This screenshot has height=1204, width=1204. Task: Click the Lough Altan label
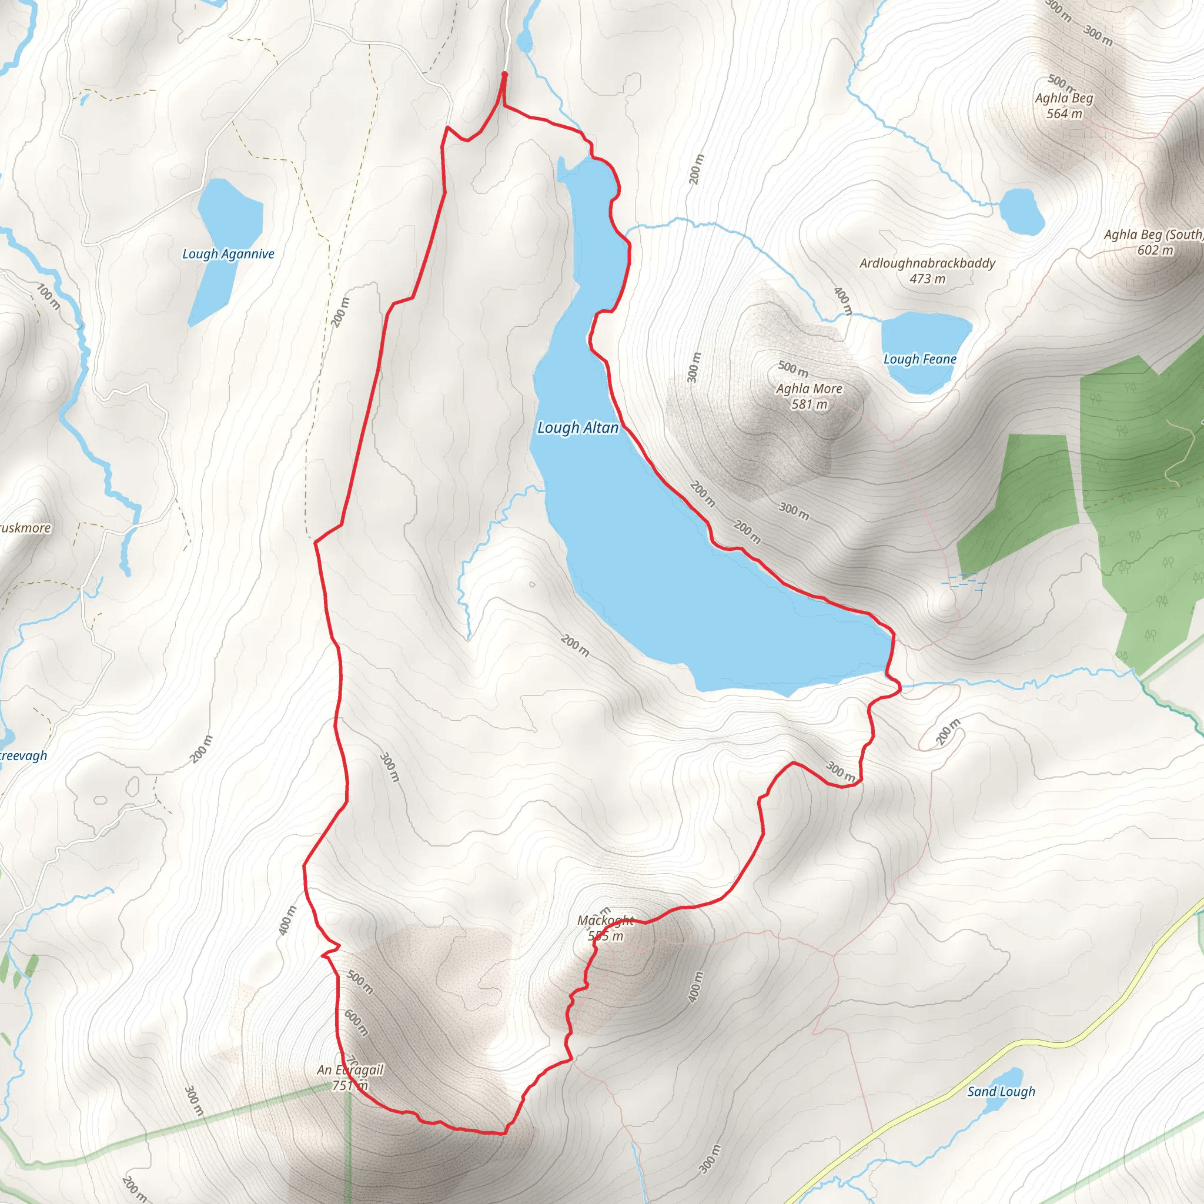[x=578, y=428]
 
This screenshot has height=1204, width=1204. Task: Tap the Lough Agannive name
[x=228, y=254]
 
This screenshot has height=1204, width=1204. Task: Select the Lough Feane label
[x=920, y=360]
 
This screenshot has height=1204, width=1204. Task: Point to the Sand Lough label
[x=1001, y=1092]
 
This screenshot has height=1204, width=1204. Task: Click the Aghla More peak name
[x=809, y=389]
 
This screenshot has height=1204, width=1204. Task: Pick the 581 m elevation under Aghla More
[x=810, y=404]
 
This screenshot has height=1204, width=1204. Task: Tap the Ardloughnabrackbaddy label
[x=927, y=263]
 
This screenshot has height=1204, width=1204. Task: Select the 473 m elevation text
[x=927, y=279]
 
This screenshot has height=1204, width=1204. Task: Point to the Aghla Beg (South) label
[x=1153, y=235]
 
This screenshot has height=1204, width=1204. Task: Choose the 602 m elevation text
[x=1155, y=250]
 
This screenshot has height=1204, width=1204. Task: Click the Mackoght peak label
[x=605, y=921]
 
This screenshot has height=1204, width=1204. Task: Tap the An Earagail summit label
[x=350, y=1070]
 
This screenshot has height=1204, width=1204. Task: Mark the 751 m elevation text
[x=350, y=1086]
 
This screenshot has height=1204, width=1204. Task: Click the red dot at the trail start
[x=504, y=75]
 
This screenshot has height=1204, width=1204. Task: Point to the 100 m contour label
[x=49, y=297]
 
